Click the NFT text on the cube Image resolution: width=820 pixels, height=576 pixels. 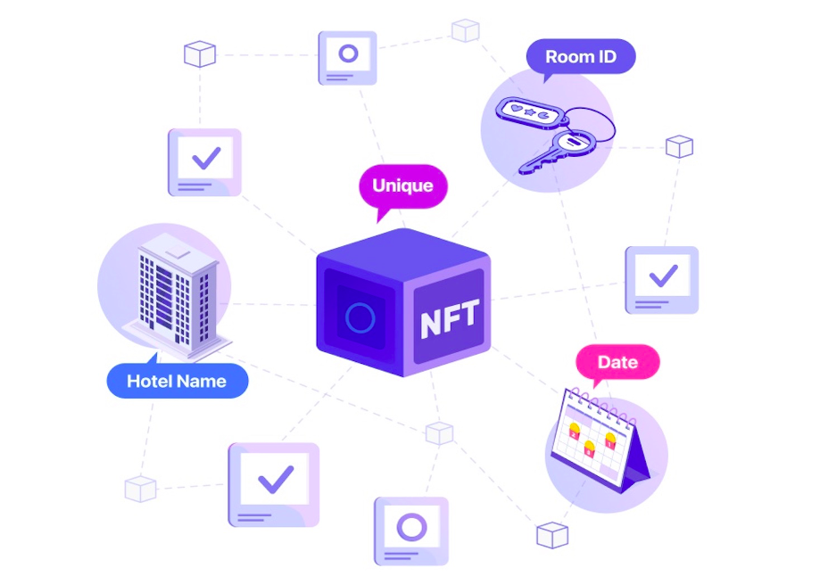point(450,317)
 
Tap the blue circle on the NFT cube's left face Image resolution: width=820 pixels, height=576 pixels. point(360,317)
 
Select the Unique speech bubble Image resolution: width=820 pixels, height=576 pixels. point(402,186)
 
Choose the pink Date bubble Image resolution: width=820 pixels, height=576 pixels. point(617,362)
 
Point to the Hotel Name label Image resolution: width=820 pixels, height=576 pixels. point(177,382)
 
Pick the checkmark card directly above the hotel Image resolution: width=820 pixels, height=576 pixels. point(204,161)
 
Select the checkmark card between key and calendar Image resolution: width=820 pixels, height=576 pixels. point(661,278)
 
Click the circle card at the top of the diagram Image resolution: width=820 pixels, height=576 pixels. point(347,57)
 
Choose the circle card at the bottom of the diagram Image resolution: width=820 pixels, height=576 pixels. point(410,531)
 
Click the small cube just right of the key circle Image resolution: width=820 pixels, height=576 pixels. point(679,146)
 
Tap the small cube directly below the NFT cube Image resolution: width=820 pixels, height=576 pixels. point(439,433)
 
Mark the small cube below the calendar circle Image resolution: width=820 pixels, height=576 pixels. point(552,535)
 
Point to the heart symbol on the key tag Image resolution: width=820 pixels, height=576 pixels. point(514,109)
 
